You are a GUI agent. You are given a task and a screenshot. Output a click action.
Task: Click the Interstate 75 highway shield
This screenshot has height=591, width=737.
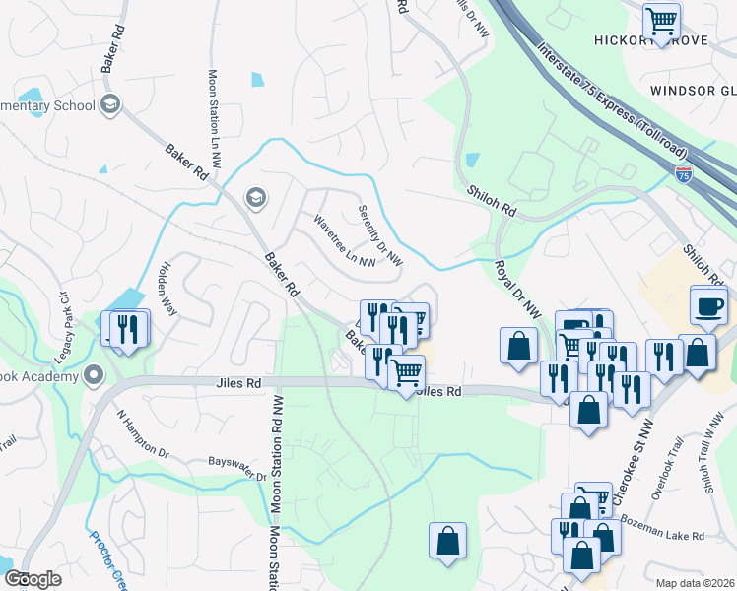pos(684,173)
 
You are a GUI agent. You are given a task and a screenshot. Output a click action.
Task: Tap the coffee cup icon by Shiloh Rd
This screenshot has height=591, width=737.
pos(708,306)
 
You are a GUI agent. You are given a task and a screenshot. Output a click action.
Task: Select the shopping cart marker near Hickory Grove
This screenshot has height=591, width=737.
pos(661,21)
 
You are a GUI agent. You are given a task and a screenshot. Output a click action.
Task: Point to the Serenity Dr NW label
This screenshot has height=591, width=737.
pos(380,235)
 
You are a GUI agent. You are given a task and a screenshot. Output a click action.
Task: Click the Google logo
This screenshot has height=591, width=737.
pos(33,579)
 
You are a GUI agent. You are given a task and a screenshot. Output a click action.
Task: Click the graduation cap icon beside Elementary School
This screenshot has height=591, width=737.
pos(110,103)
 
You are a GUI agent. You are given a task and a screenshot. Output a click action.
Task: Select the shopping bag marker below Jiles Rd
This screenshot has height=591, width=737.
pos(447,541)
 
